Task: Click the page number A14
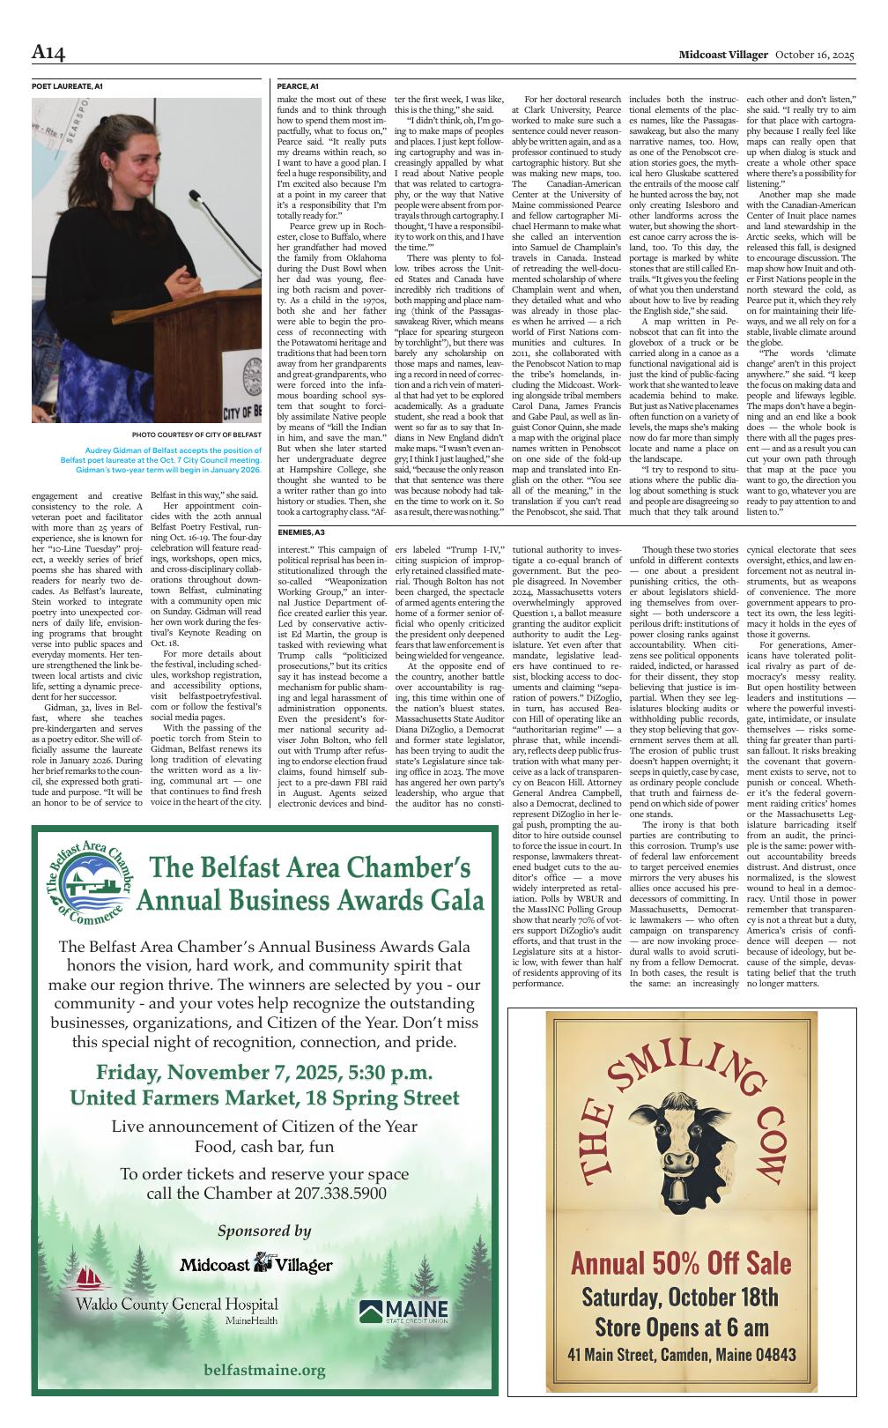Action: (x=48, y=54)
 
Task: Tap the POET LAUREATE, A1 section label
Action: (x=67, y=86)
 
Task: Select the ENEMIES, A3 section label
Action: (x=301, y=533)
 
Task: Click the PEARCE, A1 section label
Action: (x=298, y=86)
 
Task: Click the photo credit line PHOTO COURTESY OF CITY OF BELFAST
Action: (x=196, y=435)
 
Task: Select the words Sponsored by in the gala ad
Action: (x=264, y=1231)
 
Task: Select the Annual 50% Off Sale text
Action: (x=681, y=1263)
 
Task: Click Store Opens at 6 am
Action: (x=681, y=1327)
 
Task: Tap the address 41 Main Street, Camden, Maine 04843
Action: (x=681, y=1355)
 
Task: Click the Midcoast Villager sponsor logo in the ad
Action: (x=256, y=1264)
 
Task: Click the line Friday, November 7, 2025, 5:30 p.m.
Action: (x=264, y=1073)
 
